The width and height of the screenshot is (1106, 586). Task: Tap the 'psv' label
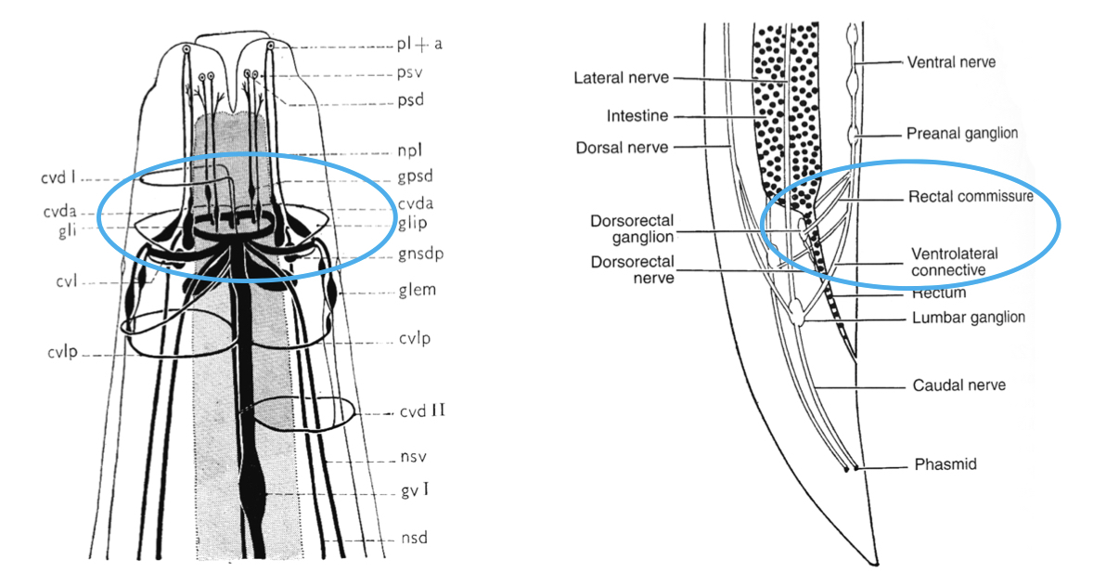click(x=408, y=71)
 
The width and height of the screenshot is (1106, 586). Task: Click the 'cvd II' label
click(x=421, y=410)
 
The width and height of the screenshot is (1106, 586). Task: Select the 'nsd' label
click(x=410, y=538)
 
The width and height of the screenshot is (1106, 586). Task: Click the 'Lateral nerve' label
click(x=621, y=78)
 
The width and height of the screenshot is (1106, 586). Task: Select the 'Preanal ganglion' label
click(x=962, y=134)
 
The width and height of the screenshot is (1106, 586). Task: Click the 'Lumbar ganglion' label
click(x=968, y=317)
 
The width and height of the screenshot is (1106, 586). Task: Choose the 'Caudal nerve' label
click(x=958, y=384)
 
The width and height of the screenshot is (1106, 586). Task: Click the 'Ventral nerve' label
click(x=950, y=62)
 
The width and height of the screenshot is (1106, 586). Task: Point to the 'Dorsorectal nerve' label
click(x=632, y=270)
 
